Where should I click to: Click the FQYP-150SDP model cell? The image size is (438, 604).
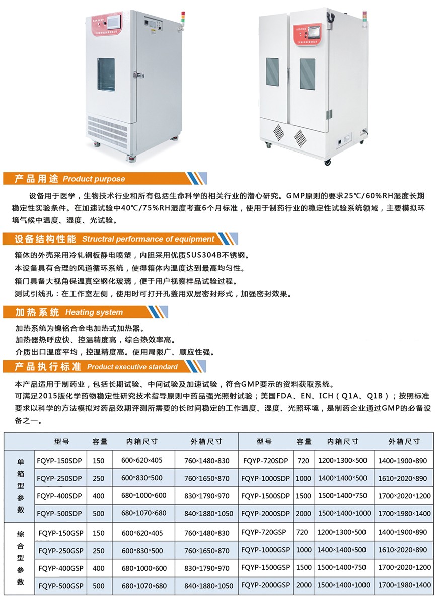pos(59,460)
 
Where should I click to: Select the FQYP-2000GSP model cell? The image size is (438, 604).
pos(266,585)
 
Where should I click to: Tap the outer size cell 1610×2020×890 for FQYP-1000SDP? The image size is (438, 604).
pos(403,478)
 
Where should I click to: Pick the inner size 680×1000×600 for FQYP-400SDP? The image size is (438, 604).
pos(144,495)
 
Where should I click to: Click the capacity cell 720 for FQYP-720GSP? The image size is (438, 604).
pos(302,532)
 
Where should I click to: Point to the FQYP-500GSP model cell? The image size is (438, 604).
pos(61,585)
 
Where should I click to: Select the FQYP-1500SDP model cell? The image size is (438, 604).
pos(266,496)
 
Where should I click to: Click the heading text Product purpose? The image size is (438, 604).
pos(94,179)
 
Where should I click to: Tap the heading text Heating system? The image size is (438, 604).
pos(94,312)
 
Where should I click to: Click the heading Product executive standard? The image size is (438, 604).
pos(132,367)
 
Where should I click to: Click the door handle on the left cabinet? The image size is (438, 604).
pos(138,74)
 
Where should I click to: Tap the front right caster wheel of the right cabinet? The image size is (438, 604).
pos(327,162)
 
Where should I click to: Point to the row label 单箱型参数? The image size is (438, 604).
pos(21,486)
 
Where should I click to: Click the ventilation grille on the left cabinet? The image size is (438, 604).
pos(107,132)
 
